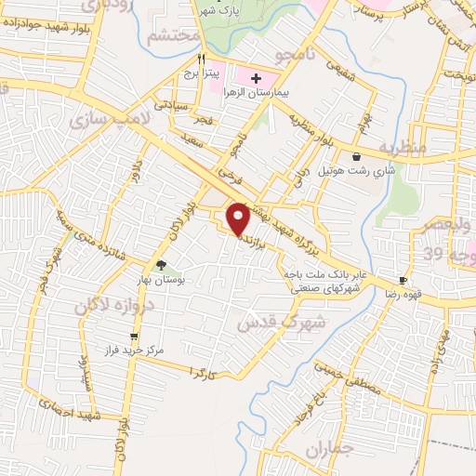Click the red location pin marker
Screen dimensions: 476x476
coord(239,218)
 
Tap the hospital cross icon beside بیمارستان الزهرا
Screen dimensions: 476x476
coord(257,78)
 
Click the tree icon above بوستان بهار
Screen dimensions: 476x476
coord(162,265)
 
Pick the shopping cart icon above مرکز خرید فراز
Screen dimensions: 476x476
coord(135,336)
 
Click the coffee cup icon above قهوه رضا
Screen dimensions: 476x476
coord(403,280)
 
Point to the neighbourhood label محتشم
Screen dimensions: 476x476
coord(173,38)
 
